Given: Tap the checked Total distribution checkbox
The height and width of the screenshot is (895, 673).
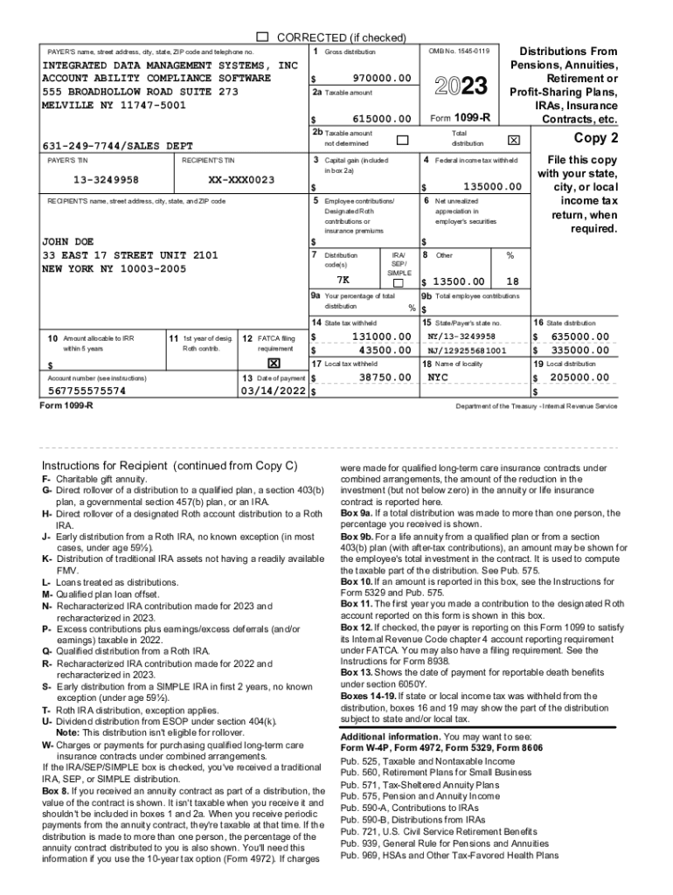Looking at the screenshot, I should tap(513, 140).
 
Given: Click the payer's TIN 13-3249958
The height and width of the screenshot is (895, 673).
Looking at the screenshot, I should tap(93, 180).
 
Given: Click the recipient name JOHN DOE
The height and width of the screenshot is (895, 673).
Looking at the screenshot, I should tap(67, 241).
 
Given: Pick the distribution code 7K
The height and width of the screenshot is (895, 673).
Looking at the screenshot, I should tap(343, 281).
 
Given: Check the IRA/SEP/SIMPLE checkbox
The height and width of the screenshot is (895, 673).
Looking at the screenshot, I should tap(399, 283).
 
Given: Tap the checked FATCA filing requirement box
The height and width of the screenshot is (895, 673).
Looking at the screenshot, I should tap(273, 362).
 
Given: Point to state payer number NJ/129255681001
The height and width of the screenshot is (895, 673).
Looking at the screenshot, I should tap(467, 350).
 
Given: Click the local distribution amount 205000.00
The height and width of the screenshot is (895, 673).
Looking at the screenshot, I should tap(579, 378).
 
